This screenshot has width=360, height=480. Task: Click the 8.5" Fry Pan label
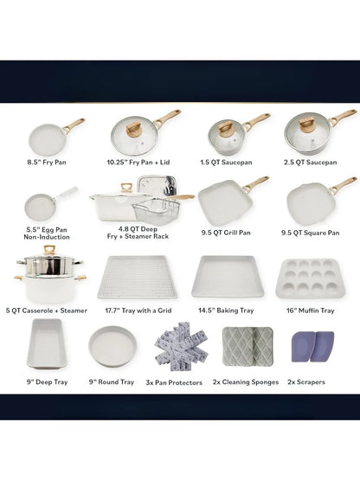pos(47,163)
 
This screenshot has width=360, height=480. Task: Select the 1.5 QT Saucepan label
pos(226,163)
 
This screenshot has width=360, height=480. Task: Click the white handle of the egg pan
pos(67,193)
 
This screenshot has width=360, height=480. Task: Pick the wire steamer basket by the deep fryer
pos(157,211)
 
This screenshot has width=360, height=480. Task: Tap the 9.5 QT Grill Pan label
pos(226,233)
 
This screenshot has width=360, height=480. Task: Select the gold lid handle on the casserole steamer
pos(49,249)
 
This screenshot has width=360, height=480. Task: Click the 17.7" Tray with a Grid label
pos(138,310)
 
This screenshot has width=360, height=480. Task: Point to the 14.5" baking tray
pos(228,277)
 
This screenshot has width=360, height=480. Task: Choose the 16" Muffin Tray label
pos(310,310)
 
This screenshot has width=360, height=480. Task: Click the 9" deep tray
pos(47,343)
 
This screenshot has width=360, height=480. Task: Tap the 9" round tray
pos(112,346)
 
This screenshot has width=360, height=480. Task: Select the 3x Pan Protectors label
pos(174,382)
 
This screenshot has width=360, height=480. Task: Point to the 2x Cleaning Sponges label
pos(246,382)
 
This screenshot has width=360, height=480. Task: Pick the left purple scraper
pos(302,347)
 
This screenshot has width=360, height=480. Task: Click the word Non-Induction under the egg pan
pos(47,237)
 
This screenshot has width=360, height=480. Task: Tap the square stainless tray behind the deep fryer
pos(157,185)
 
